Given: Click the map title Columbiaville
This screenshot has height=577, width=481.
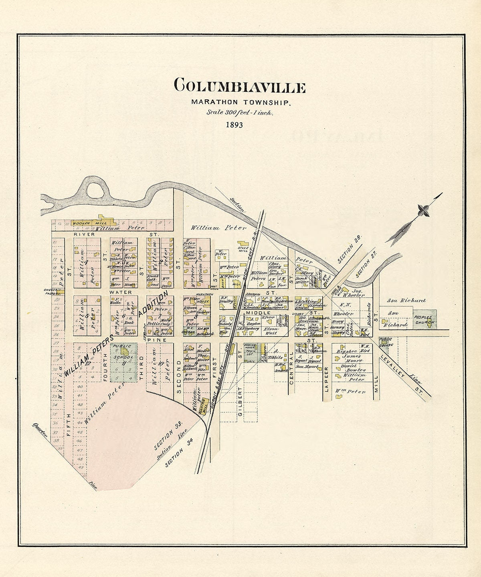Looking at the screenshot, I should pos(240,86).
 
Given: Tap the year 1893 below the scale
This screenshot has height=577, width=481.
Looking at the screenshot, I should pos(234,125).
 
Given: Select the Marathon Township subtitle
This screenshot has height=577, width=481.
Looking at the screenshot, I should pos(240,103).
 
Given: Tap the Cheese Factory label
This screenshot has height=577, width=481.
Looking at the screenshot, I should pos(53,291).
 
